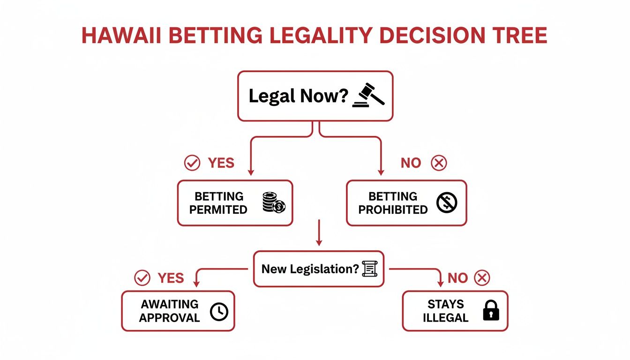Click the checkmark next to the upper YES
click(x=192, y=163)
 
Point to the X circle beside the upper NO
click(x=439, y=163)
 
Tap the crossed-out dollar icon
click(x=446, y=202)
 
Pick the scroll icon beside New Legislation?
click(x=369, y=269)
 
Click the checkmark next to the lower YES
click(x=142, y=278)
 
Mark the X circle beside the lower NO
click(x=482, y=278)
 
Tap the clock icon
click(x=219, y=312)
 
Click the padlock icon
click(x=491, y=311)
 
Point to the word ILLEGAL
click(x=445, y=317)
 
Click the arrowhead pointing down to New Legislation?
click(x=319, y=243)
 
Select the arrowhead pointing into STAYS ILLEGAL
click(x=440, y=284)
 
